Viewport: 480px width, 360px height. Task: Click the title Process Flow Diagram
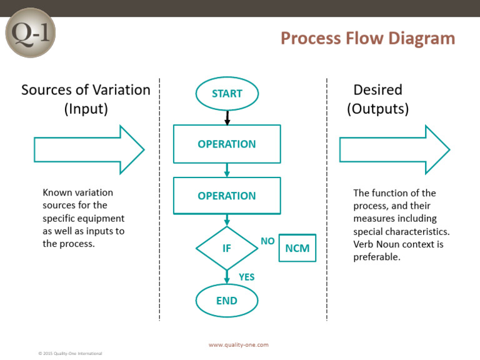click(367, 38)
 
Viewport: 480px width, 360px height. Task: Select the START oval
click(227, 94)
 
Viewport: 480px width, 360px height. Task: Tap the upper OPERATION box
click(227, 144)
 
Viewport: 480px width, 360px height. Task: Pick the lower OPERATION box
click(227, 196)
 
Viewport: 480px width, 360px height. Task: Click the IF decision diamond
click(227, 248)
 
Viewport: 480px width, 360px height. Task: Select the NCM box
click(297, 248)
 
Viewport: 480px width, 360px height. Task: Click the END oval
click(227, 301)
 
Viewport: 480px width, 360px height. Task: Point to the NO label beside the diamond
click(267, 241)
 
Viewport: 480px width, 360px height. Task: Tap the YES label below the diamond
click(247, 277)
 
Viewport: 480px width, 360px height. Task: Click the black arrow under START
click(227, 117)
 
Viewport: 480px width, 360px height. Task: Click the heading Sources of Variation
click(86, 90)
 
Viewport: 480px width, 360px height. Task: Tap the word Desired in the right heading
click(377, 90)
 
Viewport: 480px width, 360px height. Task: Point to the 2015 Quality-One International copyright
click(70, 354)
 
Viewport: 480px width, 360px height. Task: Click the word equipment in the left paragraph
click(103, 219)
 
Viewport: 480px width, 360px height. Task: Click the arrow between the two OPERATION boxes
click(227, 170)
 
